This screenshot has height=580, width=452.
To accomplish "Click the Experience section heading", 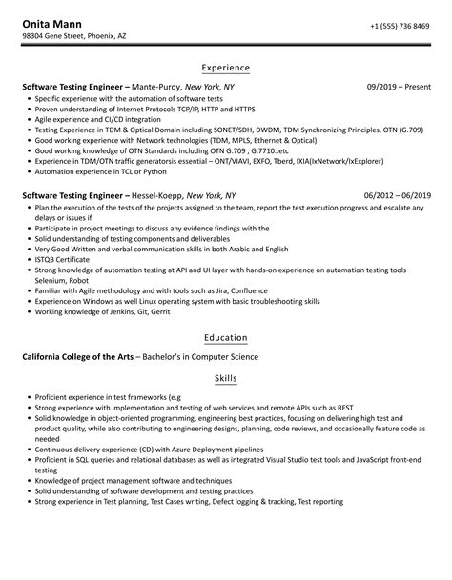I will (x=226, y=69).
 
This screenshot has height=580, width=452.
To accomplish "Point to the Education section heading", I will (x=226, y=337).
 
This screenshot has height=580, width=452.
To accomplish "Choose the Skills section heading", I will (x=226, y=379).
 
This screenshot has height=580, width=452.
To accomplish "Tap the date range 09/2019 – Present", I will (x=398, y=86).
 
